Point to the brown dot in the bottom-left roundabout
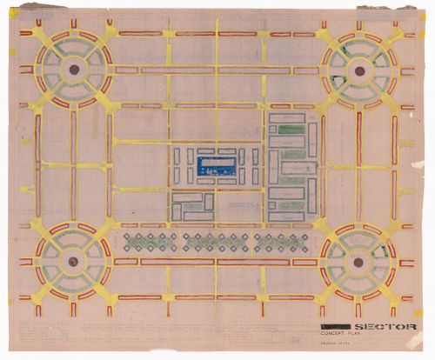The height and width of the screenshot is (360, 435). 73,260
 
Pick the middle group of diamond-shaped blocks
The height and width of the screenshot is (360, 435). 215,241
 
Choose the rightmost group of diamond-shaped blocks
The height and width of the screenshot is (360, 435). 277,241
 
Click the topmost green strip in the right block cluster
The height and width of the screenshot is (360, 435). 290,129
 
